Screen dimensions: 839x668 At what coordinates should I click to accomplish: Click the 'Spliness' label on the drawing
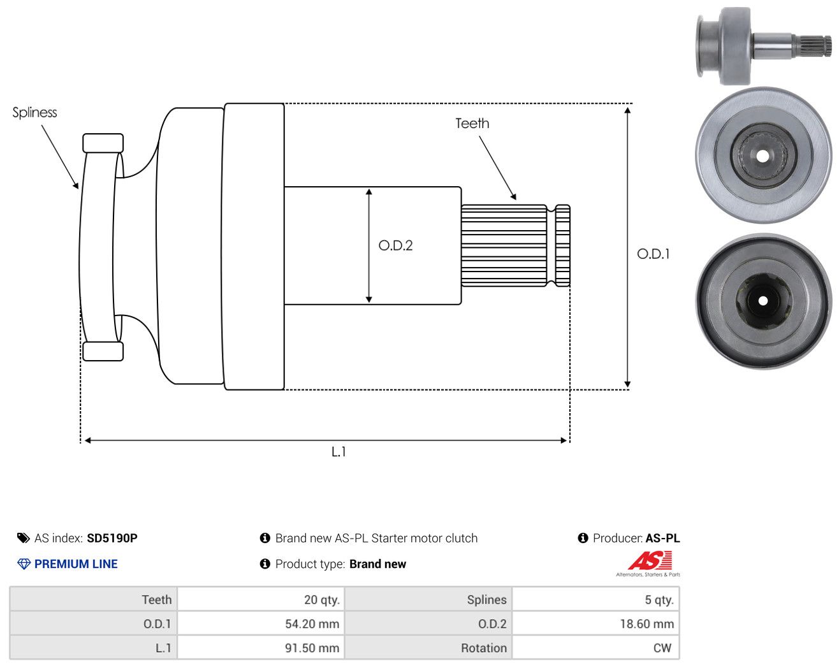point(34,113)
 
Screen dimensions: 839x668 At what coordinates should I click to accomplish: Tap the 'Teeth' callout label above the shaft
point(472,124)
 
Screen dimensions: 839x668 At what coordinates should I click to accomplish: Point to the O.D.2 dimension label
point(395,245)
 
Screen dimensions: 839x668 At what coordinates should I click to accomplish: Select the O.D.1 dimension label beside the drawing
point(653,254)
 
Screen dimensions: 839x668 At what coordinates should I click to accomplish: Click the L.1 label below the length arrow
point(339,452)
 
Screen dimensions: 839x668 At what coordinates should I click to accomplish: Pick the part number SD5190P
point(112,538)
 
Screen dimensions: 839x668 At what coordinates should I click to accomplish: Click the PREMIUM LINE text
point(76,564)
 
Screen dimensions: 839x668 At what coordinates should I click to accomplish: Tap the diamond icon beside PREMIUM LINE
point(24,564)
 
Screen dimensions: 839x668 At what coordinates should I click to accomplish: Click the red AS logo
point(650,560)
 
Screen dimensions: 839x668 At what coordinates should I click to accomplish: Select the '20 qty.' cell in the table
point(261,599)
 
